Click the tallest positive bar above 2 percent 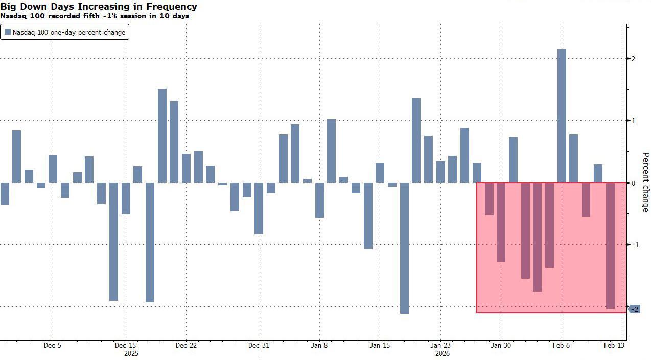pos(562,116)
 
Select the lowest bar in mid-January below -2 pos(404,248)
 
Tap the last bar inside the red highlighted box pos(610,245)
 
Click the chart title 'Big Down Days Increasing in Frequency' pos(99,7)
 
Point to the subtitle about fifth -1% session pos(95,16)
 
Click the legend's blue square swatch pos(7,32)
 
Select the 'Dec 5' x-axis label pos(53,345)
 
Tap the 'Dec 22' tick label pos(186,345)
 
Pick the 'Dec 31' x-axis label pos(259,345)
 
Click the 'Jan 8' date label pos(319,345)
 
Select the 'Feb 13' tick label pos(614,345)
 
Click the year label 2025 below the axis pos(131,353)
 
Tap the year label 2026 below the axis pos(443,353)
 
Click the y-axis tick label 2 pos(634,59)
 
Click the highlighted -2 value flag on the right pos(634,309)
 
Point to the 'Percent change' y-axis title pos(645,182)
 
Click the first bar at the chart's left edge pos(4,193)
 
